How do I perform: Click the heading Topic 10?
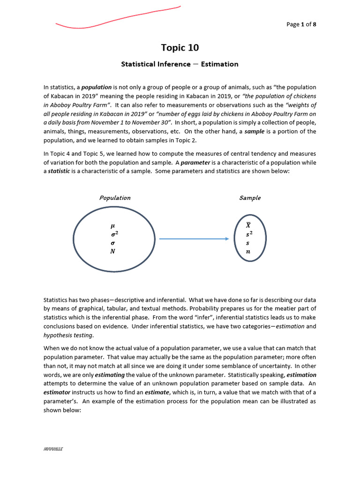click(x=180, y=47)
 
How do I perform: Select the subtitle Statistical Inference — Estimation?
click(x=180, y=64)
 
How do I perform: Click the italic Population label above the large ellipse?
click(x=115, y=198)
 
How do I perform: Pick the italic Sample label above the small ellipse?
click(x=250, y=198)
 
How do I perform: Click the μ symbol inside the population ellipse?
click(x=112, y=225)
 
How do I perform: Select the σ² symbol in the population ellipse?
click(x=114, y=234)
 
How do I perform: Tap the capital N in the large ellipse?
click(x=112, y=251)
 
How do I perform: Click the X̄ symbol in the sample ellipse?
click(x=248, y=225)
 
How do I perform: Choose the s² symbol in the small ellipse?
click(x=249, y=234)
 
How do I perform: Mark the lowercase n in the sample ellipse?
click(x=248, y=252)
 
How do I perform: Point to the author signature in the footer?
click(x=53, y=449)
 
